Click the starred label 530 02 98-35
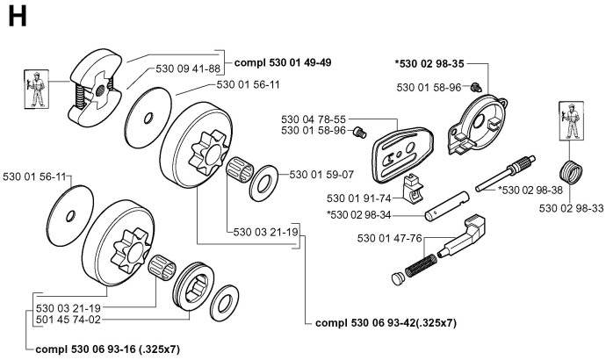point(430,63)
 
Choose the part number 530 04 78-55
point(314,119)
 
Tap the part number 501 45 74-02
point(69,320)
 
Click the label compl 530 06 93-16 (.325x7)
point(108,349)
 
